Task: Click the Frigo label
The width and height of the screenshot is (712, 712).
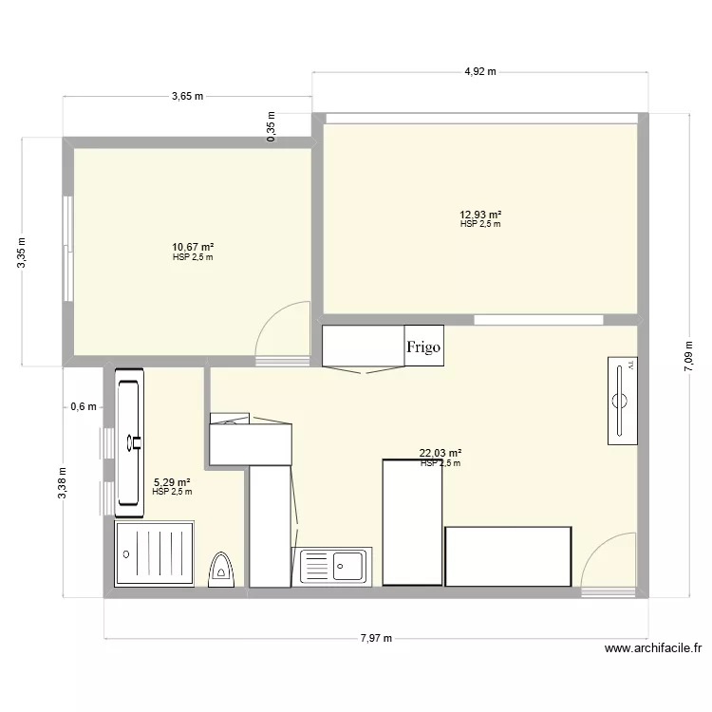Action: point(423,347)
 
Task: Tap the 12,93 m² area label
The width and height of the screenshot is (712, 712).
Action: point(480,215)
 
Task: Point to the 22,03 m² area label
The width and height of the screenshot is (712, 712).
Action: point(440,454)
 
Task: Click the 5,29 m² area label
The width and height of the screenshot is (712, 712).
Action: point(172,482)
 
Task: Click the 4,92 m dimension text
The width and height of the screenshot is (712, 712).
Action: point(480,72)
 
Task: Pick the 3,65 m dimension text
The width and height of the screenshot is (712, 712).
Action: point(187,96)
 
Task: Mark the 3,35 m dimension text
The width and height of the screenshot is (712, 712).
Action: point(23,253)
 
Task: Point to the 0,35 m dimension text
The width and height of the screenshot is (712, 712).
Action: point(271,127)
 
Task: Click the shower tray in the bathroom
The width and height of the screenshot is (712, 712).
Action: point(154,553)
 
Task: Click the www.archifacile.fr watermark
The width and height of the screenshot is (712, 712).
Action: point(652,650)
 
